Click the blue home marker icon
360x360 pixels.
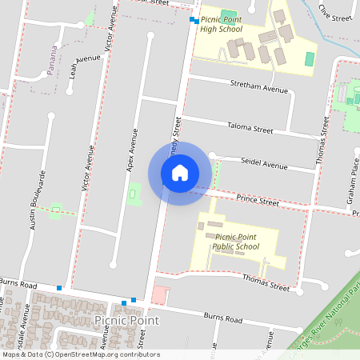coord(180,173)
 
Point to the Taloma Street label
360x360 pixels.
coord(250,128)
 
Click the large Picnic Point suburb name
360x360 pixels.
coord(126,320)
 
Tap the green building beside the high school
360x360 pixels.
coord(310,59)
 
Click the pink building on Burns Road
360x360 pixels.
coord(160,294)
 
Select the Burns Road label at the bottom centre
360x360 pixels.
coord(222,318)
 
